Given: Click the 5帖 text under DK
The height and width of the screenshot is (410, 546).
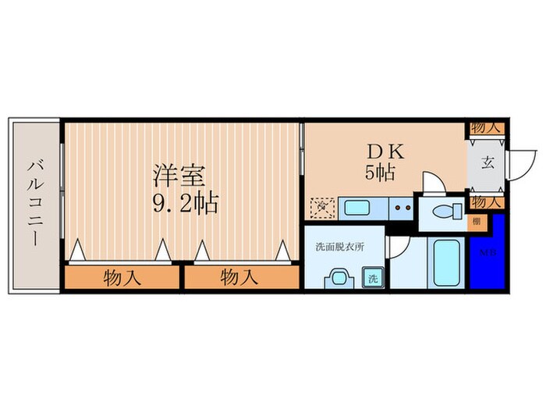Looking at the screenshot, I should coord(380,173).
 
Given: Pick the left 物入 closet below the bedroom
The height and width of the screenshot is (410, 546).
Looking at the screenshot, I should coord(122,277).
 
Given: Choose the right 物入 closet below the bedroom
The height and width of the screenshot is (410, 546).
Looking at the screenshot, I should coord(240,277).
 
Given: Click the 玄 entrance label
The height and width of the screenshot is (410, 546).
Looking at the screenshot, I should coord(487,163).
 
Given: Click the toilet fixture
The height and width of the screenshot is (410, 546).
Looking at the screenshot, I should coord(443,211).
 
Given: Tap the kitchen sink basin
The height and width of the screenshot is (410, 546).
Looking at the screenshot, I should coord(358,208).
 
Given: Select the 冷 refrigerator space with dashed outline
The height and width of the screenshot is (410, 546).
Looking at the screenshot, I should coord(321,208).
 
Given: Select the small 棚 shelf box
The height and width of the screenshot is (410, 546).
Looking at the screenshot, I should coord(475,221).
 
